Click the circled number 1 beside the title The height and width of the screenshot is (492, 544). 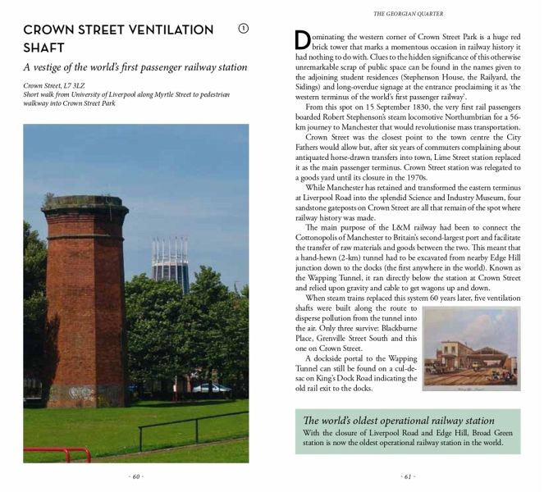(243, 30)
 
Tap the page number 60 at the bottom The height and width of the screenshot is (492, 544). (135, 476)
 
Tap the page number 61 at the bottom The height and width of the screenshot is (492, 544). (408, 476)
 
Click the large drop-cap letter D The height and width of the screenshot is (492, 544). (301, 43)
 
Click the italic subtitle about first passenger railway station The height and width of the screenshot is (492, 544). (135, 67)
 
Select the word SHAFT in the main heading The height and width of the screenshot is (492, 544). (45, 48)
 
